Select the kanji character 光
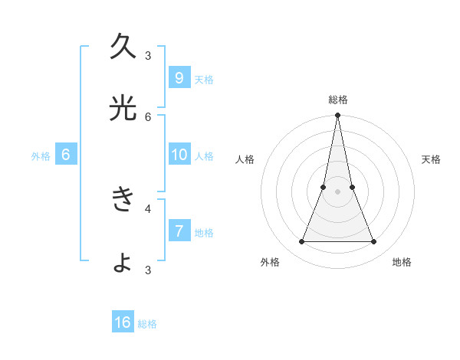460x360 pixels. click(x=123, y=110)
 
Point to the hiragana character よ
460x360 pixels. click(x=123, y=263)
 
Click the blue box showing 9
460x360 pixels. click(x=179, y=77)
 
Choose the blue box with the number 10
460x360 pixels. click(x=179, y=155)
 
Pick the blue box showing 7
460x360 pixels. click(x=179, y=231)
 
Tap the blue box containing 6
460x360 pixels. click(x=66, y=155)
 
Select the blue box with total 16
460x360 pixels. click(x=123, y=322)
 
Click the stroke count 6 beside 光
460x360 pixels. click(x=148, y=117)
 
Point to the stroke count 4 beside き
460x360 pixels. click(x=148, y=208)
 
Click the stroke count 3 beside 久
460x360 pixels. click(x=148, y=55)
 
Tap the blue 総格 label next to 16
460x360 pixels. click(x=147, y=324)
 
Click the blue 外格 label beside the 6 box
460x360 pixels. click(x=41, y=156)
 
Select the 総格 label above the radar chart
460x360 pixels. click(x=337, y=100)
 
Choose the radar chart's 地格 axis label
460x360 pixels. click(x=402, y=262)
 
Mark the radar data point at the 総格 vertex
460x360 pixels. click(x=337, y=116)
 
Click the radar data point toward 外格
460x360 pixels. click(x=301, y=242)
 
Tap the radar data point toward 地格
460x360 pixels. click(x=374, y=242)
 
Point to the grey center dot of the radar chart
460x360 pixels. click(x=337, y=191)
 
